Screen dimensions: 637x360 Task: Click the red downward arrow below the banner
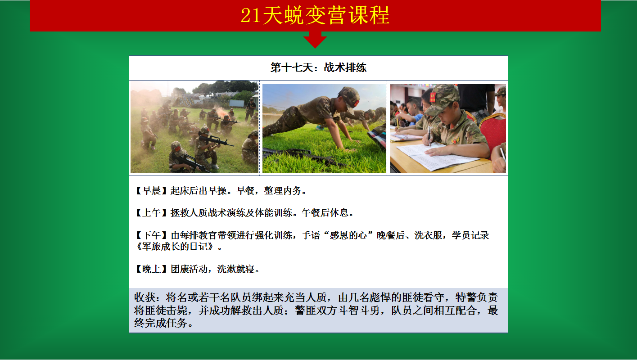(315, 39)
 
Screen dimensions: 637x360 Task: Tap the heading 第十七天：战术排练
(318, 67)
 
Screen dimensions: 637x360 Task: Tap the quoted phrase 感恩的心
(348, 235)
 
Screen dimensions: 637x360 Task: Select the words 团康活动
(189, 269)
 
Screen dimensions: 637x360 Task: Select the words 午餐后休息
(325, 213)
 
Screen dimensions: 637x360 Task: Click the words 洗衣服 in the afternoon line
(428, 235)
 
